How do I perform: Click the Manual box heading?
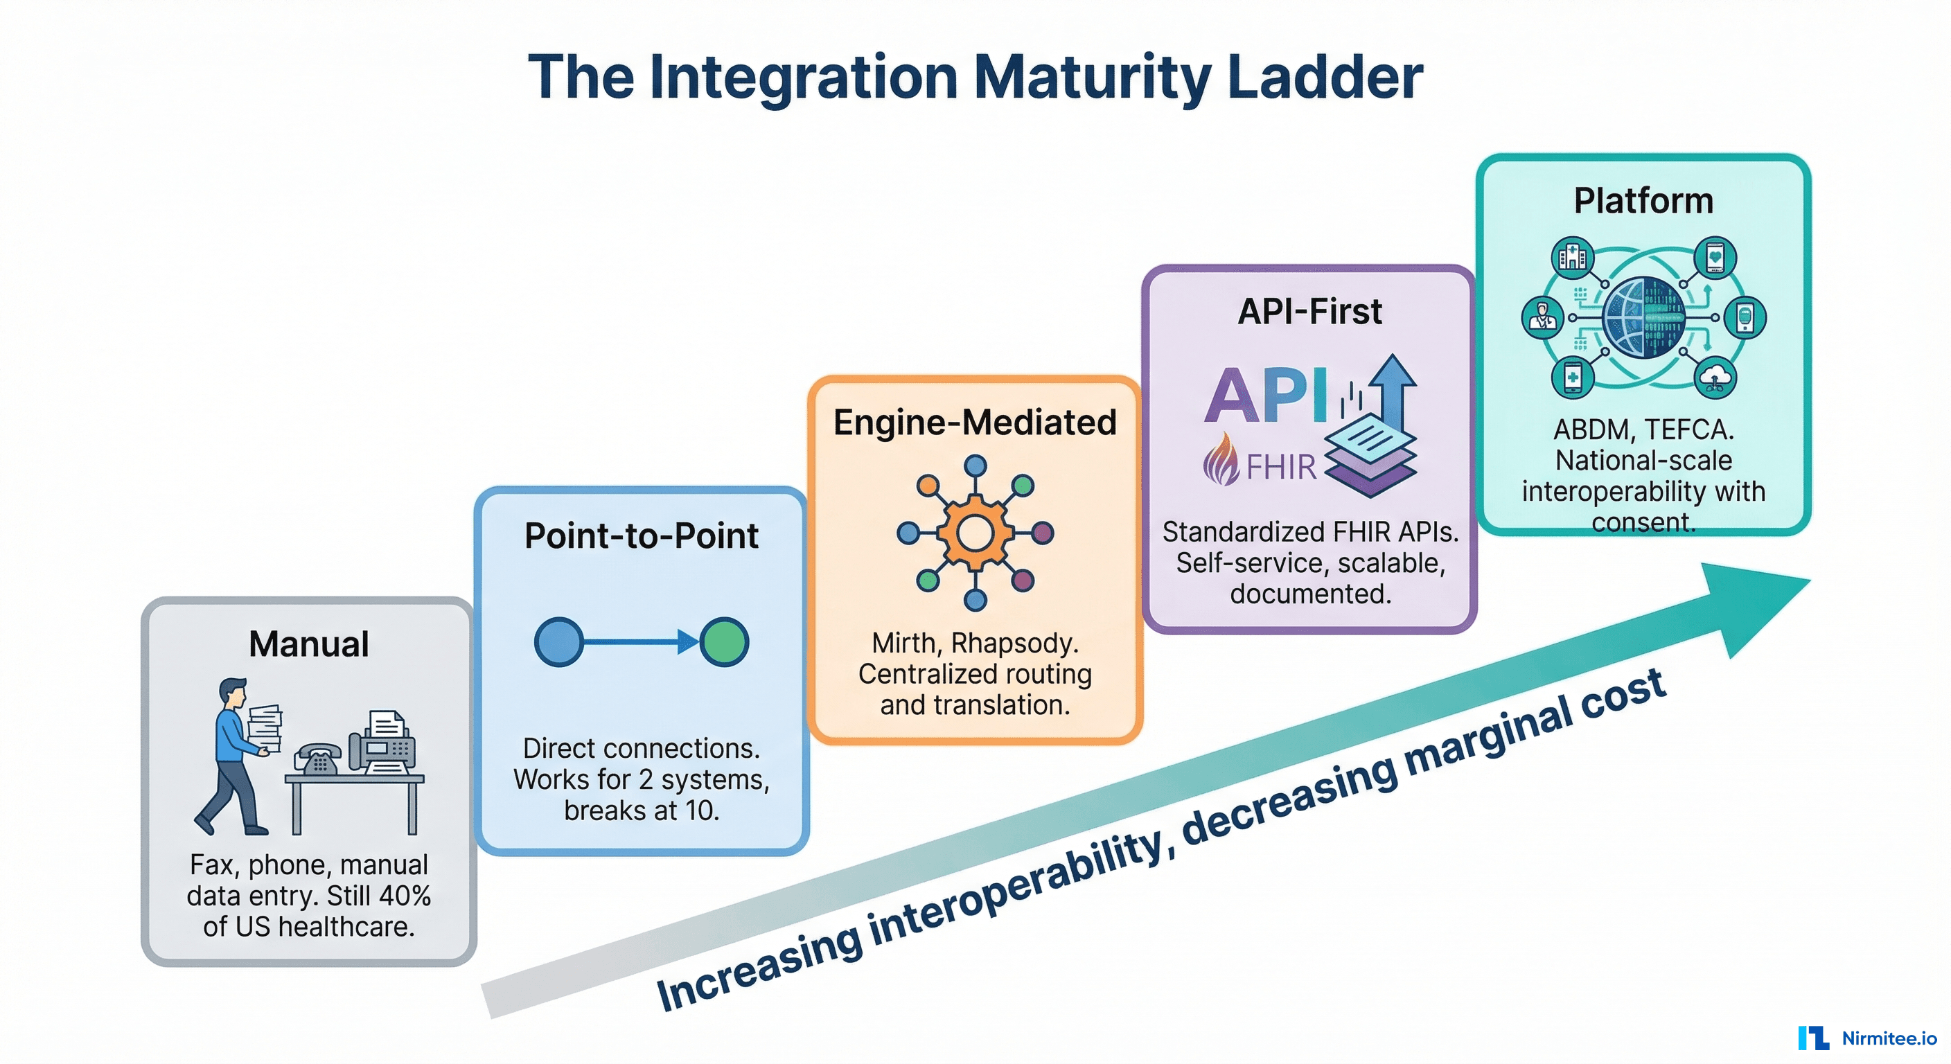[308, 644]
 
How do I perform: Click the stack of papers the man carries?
[265, 727]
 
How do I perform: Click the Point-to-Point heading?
[641, 535]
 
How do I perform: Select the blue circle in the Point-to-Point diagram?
[559, 642]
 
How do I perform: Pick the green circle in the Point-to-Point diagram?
[724, 642]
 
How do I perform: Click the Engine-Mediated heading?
[975, 422]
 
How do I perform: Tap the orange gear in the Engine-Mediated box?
[975, 533]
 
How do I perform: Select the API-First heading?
[1309, 311]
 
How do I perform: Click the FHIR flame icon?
[1221, 459]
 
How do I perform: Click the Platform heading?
[1643, 201]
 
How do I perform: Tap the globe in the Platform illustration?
[1643, 317]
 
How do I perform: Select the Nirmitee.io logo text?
[1889, 1038]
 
